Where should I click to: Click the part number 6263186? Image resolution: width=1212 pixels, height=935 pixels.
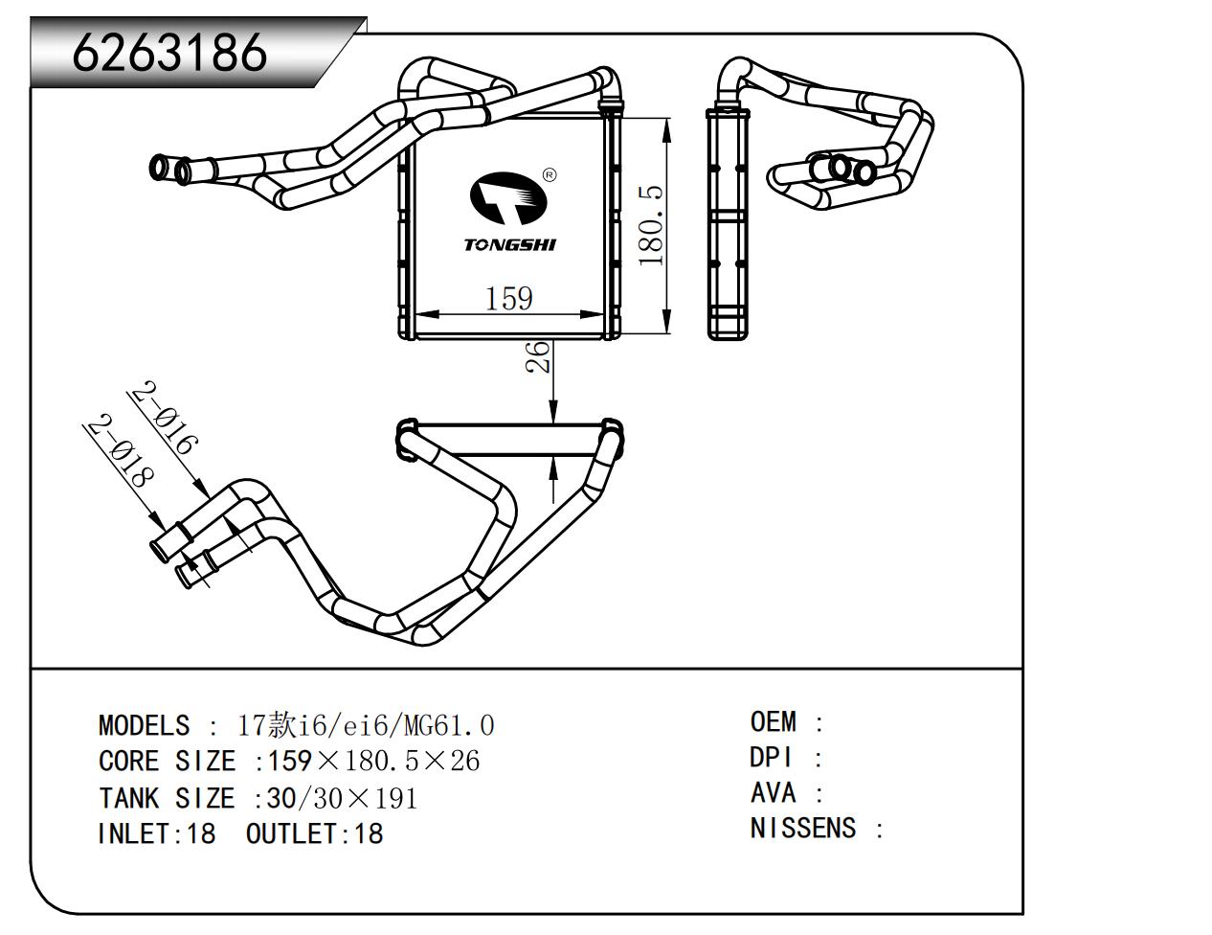169,53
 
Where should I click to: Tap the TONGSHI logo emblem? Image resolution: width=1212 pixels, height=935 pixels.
507,196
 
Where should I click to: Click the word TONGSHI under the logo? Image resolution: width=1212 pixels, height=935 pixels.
509,244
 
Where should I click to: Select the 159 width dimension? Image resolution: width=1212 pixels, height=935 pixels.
508,298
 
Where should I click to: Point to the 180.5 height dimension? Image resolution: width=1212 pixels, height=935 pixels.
651,226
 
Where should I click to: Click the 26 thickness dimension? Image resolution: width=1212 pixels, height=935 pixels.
539,356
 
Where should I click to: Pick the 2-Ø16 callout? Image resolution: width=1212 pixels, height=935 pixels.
164,418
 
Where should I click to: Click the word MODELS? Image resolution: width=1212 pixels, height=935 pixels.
144,725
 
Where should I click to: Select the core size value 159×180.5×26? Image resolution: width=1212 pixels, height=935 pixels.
373,762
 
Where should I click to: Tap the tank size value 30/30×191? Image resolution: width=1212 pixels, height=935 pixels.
342,798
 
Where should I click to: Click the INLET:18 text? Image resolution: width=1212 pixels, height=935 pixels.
157,833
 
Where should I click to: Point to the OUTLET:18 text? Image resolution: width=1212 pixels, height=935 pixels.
314,833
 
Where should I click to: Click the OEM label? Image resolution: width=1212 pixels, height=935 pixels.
773,721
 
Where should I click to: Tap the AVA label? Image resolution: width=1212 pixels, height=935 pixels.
773,793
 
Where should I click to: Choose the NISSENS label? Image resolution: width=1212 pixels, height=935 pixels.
802,828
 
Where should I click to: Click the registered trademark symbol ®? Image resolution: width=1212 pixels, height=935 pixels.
550,175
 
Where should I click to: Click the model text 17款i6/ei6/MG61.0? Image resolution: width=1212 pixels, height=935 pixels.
366,725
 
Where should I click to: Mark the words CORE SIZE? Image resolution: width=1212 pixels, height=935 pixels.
167,762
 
